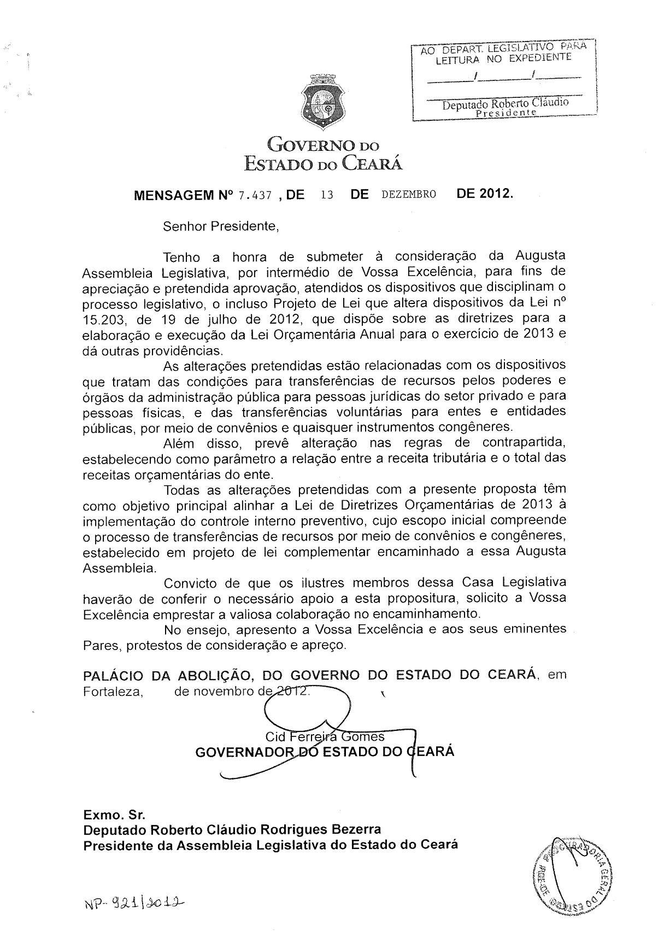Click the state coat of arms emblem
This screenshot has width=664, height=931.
[321, 103]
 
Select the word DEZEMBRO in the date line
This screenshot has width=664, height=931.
[409, 195]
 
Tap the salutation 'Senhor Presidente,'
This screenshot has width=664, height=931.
[221, 226]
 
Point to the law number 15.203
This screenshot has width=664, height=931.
[104, 319]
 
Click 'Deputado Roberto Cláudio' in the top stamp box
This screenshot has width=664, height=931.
[506, 103]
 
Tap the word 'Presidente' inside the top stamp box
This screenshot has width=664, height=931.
[507, 113]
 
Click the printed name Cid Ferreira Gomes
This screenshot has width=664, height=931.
[325, 736]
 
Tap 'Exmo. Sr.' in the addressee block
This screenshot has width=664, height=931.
[114, 815]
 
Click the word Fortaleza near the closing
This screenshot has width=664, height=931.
[113, 692]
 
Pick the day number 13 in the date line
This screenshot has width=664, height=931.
[327, 195]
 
